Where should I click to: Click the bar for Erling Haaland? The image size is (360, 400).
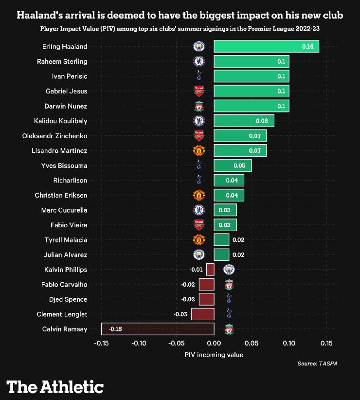click(x=266, y=46)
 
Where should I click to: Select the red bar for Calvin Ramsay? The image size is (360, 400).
click(x=158, y=329)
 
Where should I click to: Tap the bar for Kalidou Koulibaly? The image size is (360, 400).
click(x=244, y=121)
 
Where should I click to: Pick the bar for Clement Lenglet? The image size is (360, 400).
click(x=202, y=314)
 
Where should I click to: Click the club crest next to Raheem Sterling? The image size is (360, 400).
click(x=198, y=61)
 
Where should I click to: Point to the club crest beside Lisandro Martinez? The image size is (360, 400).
click(x=198, y=150)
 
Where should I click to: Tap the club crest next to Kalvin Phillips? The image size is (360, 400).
click(x=229, y=269)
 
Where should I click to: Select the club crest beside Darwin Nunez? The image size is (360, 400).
click(x=198, y=106)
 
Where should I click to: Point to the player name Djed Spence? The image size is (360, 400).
click(x=68, y=299)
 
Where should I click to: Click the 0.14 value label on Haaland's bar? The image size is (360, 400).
click(x=307, y=47)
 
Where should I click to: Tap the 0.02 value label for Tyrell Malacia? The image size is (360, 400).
click(x=238, y=240)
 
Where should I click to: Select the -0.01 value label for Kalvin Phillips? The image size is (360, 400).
click(x=196, y=270)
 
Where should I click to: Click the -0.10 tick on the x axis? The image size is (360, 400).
click(x=139, y=344)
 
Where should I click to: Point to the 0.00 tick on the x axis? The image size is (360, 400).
click(x=214, y=344)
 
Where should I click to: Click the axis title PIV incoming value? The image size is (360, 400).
click(x=214, y=355)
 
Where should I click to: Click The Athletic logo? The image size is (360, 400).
click(x=55, y=387)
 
